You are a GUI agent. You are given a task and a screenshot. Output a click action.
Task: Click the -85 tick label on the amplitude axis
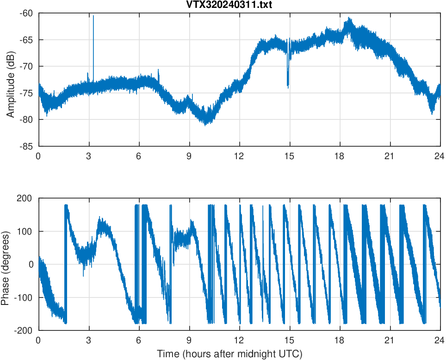point(27,146)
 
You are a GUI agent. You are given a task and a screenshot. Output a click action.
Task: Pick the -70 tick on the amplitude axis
point(27,66)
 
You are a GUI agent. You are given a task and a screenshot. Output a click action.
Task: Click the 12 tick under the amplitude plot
point(239,156)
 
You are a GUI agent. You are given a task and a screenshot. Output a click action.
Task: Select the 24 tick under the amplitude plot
point(440,156)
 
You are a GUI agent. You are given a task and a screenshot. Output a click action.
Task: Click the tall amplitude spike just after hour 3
point(93,17)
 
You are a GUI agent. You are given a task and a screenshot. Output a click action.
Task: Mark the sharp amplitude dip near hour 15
point(288,85)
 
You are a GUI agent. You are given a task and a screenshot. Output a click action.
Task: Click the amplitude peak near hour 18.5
point(349,19)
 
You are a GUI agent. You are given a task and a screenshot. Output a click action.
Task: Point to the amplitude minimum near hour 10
point(205,124)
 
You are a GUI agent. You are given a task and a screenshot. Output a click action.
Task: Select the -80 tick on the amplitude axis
point(27,120)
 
